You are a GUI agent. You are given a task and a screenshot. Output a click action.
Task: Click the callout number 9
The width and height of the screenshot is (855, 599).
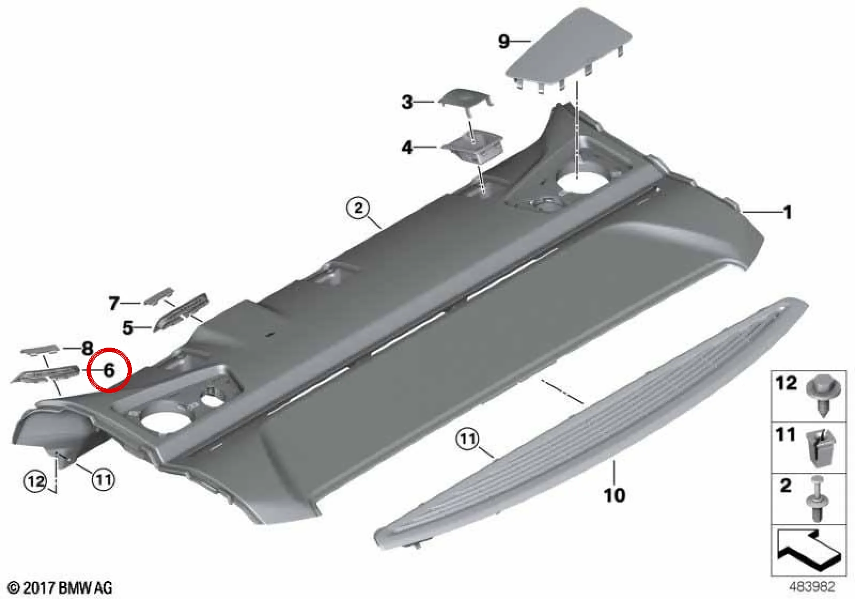[504, 41]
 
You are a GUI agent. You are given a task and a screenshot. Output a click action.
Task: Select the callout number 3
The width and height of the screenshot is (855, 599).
[407, 102]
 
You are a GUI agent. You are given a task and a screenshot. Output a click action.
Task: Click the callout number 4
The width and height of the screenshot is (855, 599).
[407, 148]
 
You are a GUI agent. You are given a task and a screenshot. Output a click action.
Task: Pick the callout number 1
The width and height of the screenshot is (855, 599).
[788, 212]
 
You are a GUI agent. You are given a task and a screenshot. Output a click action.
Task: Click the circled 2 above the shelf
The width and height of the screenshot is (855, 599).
[358, 209]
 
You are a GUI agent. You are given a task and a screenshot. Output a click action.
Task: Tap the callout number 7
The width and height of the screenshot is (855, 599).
[114, 304]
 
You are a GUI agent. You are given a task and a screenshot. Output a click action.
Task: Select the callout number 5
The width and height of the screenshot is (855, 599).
[128, 328]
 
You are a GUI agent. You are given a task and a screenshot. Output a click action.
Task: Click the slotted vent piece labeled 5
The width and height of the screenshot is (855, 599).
[181, 313]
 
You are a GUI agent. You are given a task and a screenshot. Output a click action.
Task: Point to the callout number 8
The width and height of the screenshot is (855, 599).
[88, 348]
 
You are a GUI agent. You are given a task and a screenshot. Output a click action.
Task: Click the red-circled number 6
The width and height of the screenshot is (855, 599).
[109, 370]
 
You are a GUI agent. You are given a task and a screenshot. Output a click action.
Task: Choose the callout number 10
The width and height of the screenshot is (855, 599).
[615, 495]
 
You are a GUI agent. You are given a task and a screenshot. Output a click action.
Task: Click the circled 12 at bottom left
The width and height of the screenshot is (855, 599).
[36, 481]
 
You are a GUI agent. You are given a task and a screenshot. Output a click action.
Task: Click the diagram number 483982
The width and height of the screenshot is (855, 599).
[812, 586]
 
